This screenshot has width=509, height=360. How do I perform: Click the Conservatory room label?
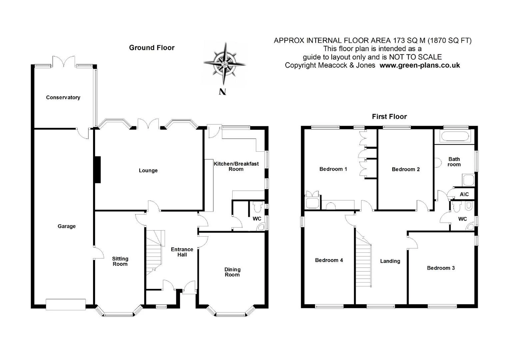[63, 97]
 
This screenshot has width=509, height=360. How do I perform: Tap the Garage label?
[67, 226]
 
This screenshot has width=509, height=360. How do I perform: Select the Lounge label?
[148, 170]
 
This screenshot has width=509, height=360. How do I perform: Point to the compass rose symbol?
[225, 64]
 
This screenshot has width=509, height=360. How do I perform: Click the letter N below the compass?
[222, 92]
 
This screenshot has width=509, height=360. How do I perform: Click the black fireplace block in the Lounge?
[97, 170]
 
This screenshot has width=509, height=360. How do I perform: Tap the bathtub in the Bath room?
[454, 136]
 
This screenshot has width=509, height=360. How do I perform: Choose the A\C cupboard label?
[464, 194]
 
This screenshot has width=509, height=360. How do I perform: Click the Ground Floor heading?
[152, 48]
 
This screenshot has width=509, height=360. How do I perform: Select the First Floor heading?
[389, 117]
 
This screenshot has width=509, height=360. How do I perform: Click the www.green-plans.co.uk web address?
[420, 65]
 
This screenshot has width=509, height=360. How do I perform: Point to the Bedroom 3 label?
[441, 268]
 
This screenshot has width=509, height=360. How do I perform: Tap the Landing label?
[390, 261]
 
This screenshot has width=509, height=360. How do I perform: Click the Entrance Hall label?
[182, 252]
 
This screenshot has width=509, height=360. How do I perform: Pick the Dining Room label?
[232, 272]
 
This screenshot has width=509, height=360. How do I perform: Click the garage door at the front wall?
[66, 304]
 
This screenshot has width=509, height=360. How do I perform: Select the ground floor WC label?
[257, 219]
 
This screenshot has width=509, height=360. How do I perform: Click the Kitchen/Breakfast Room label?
[236, 166]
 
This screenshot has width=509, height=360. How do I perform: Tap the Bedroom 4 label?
[329, 260]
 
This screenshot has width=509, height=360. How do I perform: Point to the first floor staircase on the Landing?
[364, 261]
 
